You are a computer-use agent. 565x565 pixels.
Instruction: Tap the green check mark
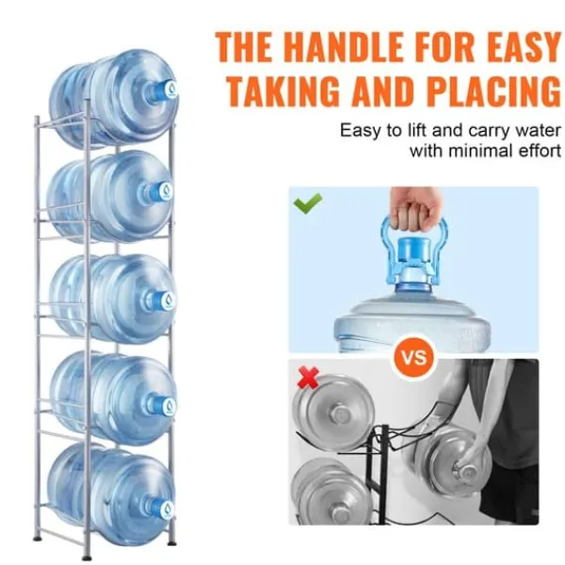click(308, 203)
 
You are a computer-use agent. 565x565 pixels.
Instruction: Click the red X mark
click(308, 378)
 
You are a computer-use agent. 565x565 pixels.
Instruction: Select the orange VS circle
click(414, 358)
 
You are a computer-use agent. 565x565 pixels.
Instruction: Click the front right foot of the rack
click(172, 541)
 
